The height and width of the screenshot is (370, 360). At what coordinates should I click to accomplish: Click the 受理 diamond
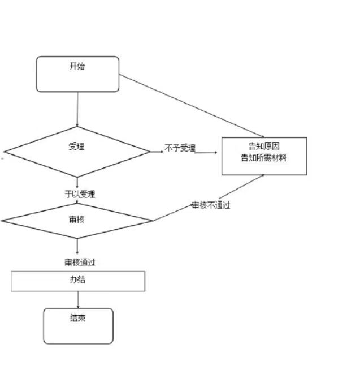(77, 152)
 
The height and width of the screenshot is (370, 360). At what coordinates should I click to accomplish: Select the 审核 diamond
(77, 221)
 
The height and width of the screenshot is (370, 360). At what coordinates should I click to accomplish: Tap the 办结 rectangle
(77, 281)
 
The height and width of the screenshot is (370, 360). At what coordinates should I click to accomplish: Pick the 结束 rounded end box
(78, 326)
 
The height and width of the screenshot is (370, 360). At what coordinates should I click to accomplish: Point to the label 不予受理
(180, 148)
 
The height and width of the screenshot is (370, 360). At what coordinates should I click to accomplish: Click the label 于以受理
(79, 194)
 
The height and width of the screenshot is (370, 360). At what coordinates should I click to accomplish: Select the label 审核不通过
(210, 205)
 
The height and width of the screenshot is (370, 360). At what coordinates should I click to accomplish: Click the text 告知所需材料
(263, 158)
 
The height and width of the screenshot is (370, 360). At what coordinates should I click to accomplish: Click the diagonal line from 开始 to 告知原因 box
(170, 105)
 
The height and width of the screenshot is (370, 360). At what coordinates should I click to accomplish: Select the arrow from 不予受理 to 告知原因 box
(207, 152)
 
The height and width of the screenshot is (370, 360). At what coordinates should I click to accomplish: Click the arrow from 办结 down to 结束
(77, 299)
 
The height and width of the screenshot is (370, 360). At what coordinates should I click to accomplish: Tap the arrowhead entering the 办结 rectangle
(77, 270)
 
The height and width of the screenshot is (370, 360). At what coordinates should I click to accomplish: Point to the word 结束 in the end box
(78, 319)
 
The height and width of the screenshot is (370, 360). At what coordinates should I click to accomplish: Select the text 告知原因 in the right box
(264, 146)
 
